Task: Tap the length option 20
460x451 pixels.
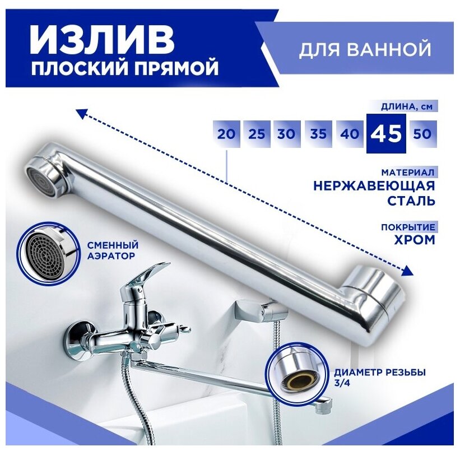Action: click(x=227, y=134)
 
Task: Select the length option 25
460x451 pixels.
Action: click(x=257, y=134)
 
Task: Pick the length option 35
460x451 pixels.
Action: click(x=318, y=134)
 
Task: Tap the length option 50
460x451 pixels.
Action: click(x=421, y=134)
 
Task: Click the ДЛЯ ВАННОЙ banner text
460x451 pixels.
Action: click(x=365, y=49)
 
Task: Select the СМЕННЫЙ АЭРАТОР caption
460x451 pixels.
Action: click(x=113, y=250)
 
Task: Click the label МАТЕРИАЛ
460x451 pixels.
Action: click(x=411, y=172)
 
